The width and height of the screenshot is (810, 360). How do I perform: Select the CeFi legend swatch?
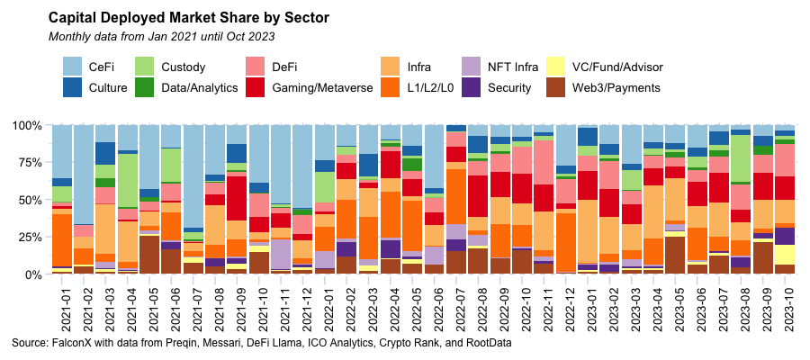pyautogui.click(x=74, y=67)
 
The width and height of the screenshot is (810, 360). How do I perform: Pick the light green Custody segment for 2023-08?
pyautogui.click(x=741, y=158)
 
